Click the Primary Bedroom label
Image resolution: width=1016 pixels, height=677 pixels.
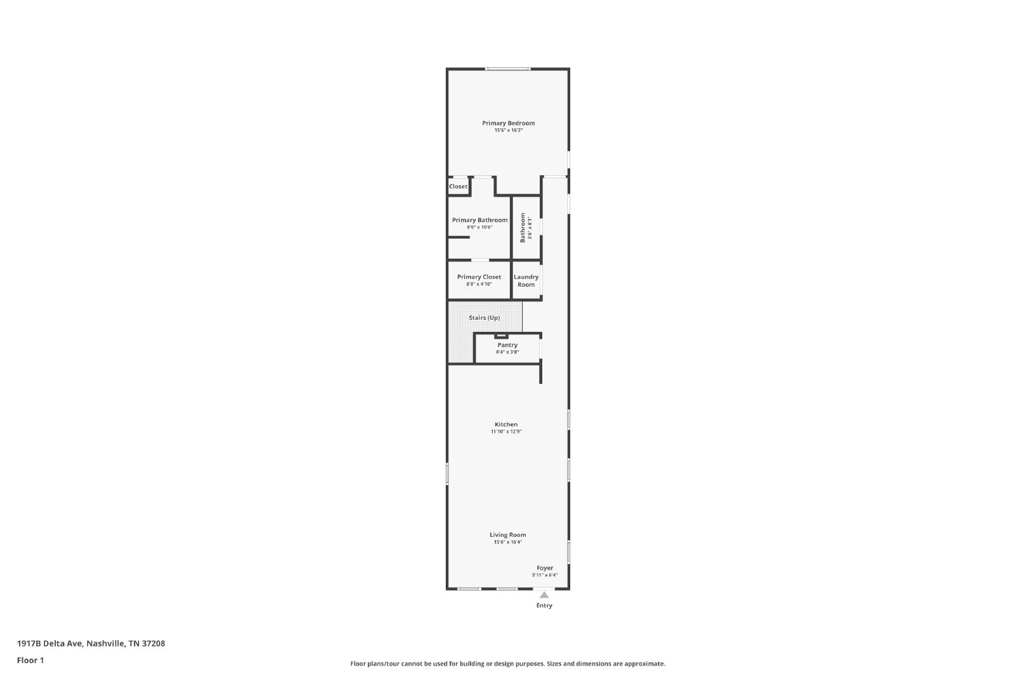(x=508, y=123)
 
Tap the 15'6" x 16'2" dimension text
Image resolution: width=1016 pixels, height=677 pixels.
(x=509, y=130)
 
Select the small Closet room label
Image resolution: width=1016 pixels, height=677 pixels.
(x=458, y=187)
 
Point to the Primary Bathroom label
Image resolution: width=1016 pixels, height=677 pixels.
(x=479, y=220)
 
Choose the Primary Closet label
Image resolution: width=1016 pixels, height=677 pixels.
(x=479, y=277)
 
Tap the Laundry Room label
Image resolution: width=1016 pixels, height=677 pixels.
(x=526, y=280)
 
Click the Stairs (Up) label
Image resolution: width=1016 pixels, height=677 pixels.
(x=485, y=318)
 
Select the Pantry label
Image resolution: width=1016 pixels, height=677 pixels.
(x=507, y=345)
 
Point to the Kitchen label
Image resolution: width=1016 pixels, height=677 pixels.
(x=506, y=424)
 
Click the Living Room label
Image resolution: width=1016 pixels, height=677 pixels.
(x=507, y=535)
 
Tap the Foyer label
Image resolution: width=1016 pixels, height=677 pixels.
(x=545, y=568)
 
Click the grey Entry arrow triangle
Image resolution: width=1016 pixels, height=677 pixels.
(x=544, y=595)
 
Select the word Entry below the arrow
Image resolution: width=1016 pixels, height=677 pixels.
(x=544, y=605)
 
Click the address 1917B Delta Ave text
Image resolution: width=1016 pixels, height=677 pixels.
(x=50, y=643)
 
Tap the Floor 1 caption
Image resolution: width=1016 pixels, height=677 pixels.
(x=30, y=661)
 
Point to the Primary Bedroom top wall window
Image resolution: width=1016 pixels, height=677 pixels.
(x=507, y=69)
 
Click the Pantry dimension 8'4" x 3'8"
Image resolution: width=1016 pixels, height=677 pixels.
(x=507, y=352)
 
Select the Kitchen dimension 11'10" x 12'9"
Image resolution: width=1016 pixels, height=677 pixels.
(x=506, y=431)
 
